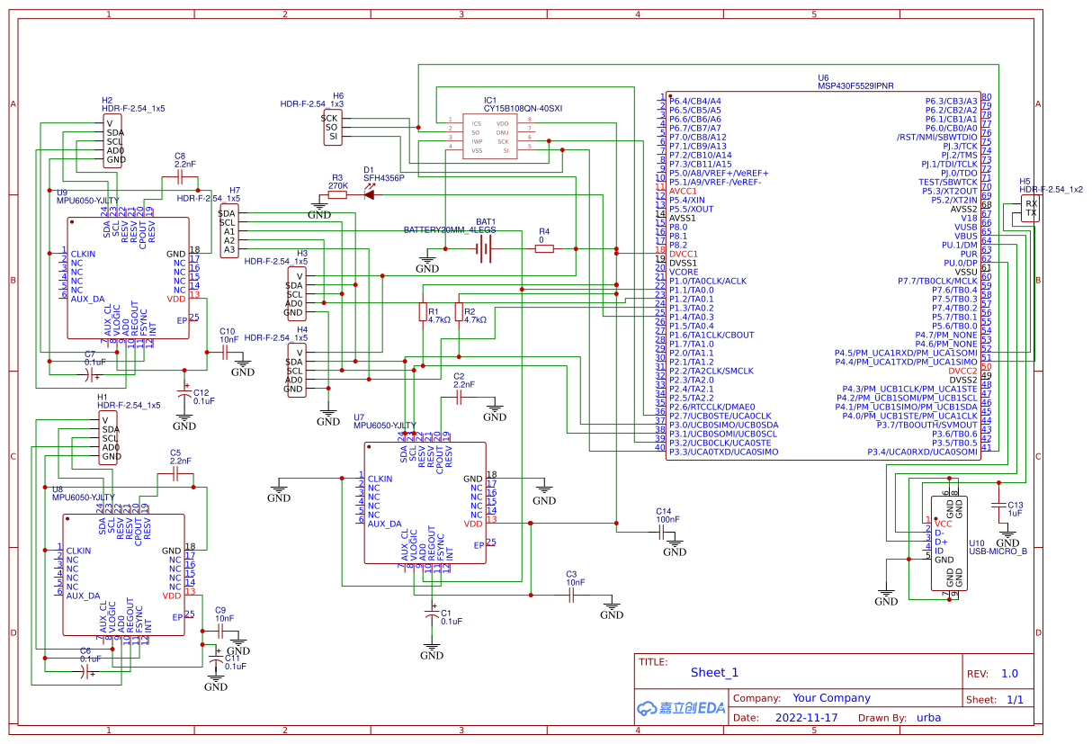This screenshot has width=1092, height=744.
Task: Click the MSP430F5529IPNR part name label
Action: tap(855, 86)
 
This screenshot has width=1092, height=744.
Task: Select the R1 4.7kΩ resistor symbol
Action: tap(423, 312)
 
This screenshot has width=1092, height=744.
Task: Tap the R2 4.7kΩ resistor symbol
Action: tap(459, 312)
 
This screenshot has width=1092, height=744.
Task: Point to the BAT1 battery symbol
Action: tap(486, 249)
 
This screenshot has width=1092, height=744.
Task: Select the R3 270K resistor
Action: tap(337, 193)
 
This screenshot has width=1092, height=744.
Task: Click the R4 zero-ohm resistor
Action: tap(544, 249)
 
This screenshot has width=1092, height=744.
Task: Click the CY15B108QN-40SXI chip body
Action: tap(490, 136)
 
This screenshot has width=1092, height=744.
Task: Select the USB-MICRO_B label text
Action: tap(998, 551)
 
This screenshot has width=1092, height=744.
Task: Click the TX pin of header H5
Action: tap(1031, 214)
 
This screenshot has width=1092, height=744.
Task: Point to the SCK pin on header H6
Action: tap(329, 118)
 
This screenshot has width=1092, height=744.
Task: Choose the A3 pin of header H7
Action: tap(229, 249)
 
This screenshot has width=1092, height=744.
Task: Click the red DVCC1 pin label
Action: tap(683, 254)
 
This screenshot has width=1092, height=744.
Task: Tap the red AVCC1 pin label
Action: tap(683, 191)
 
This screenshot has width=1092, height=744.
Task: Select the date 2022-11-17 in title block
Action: tap(806, 718)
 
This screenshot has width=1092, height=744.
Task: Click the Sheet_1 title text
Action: tap(714, 672)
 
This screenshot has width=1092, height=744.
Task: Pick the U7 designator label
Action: tap(359, 417)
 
